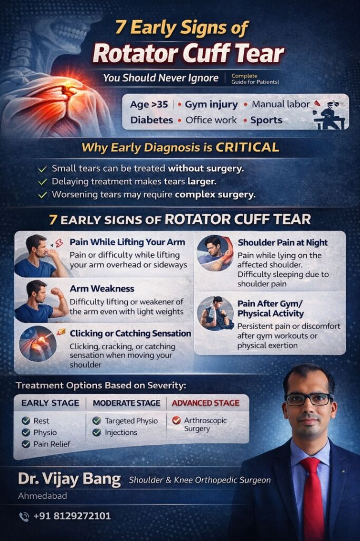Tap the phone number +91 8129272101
tap(72, 516)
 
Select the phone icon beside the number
tap(24, 516)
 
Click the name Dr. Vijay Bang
tap(70, 479)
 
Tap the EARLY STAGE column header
tap(50, 403)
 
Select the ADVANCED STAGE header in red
tap(205, 403)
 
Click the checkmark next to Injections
tap(97, 432)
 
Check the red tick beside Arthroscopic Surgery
tap(176, 421)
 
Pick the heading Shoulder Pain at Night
tap(282, 242)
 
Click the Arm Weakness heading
tap(102, 288)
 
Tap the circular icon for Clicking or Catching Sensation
tap(37, 344)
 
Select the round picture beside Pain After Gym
tap(215, 313)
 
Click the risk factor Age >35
tap(149, 104)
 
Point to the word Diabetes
tap(151, 120)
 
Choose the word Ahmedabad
tap(42, 496)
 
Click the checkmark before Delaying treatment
tap(42, 182)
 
